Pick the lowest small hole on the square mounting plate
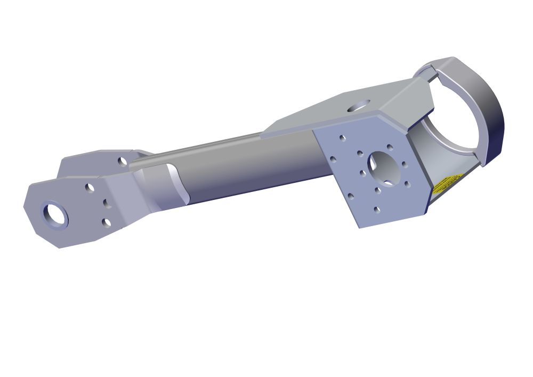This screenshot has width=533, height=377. (x=377, y=210)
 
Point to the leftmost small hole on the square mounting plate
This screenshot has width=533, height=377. (x=333, y=159)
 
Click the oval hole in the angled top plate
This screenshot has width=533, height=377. (x=359, y=105)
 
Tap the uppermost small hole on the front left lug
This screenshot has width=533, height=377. (x=90, y=188)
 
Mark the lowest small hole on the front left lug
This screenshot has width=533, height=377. (x=107, y=222)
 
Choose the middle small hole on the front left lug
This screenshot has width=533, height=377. (x=105, y=203)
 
